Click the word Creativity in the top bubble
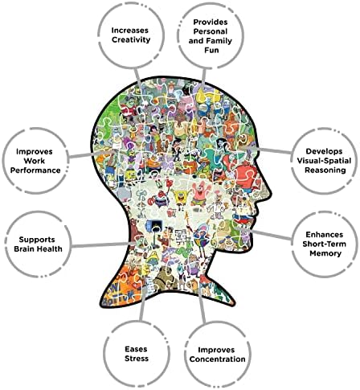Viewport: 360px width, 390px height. click(131, 40)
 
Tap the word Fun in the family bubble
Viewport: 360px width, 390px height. click(211, 50)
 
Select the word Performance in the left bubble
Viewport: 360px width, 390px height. click(35, 170)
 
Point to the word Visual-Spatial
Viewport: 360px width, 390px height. click(324, 161)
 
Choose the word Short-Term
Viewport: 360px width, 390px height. click(324, 244)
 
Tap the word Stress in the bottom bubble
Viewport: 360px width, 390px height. click(137, 359)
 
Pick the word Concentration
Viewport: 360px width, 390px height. click(217, 359)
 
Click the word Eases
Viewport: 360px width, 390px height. click(136, 349)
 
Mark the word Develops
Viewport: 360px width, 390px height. click(324, 152)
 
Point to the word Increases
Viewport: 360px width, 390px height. click(130, 31)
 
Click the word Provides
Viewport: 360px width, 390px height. click(211, 22)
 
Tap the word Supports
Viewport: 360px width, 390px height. click(37, 240)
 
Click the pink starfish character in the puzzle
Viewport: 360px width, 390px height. click(198, 192)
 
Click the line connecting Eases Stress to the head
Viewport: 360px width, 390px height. click(143, 303)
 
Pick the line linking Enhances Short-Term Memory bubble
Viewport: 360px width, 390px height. click(271, 234)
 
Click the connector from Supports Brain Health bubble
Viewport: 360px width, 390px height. click(104, 244)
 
